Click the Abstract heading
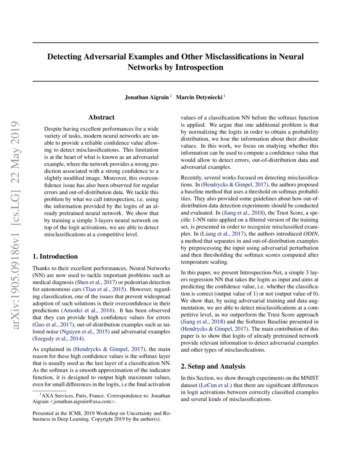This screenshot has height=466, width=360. pos(101,117)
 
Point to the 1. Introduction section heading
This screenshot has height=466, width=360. pos(55,256)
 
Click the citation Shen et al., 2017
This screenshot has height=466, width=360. pos(89,282)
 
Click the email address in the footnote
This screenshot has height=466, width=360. pos(80,402)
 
